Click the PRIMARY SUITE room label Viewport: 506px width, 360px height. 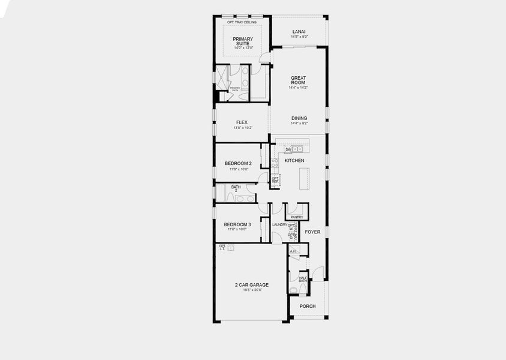(243, 41)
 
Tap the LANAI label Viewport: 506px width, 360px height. (299, 31)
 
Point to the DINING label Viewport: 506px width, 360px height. (299, 118)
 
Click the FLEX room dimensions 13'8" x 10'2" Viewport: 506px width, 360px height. (242, 128)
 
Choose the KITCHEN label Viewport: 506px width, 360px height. (294, 161)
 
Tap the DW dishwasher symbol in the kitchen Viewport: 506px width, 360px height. (279, 149)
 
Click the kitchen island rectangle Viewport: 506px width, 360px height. (303, 179)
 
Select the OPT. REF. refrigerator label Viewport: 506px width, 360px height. (275, 179)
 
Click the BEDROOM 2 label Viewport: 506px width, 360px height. (238, 163)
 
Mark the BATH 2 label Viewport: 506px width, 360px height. (236, 189)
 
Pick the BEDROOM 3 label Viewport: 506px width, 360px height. (238, 224)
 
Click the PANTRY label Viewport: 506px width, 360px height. (296, 217)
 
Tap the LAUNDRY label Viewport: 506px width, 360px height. (279, 224)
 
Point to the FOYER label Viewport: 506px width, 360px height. (312, 232)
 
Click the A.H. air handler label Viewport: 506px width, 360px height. (293, 251)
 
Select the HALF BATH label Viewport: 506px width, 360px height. (303, 280)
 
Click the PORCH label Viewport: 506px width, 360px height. (308, 306)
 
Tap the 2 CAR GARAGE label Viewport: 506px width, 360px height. (251, 284)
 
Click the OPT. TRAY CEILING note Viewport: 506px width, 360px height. (242, 22)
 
